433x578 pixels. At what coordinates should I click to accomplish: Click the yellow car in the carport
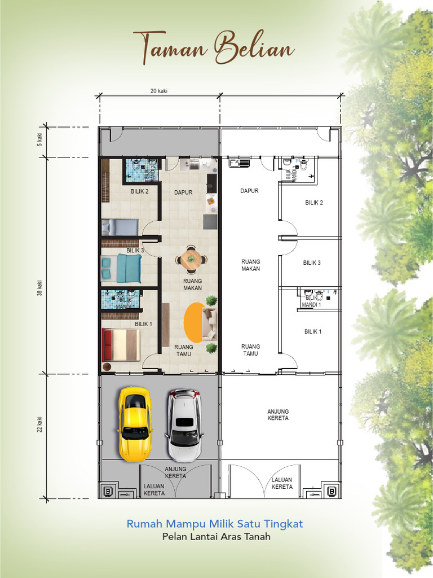pos(134,423)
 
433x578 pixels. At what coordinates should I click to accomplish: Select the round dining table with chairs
pos(191,260)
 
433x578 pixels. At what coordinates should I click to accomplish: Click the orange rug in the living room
pos(193,322)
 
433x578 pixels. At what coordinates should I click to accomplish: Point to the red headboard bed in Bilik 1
pos(120,345)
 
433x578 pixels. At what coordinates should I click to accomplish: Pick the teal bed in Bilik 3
pos(121,268)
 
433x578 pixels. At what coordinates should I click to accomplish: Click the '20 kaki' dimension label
pos(159,91)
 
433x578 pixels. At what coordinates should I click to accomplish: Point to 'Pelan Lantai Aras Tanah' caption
pos(216,537)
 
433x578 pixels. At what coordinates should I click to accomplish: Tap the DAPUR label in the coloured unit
pos(183,192)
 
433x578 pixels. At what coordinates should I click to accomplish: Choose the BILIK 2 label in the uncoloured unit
pos(314,203)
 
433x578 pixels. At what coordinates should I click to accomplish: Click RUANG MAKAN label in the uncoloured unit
pos(250,265)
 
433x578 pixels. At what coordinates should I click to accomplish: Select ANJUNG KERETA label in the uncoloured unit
pos(278,415)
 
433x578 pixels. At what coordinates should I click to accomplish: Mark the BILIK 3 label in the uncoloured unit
pos(312,262)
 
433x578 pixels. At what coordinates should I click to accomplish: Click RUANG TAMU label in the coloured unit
pos(183,351)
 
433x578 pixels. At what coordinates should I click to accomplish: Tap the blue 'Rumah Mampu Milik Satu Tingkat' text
pos(215,524)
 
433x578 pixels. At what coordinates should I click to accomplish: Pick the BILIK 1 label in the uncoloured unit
pos(313,331)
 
